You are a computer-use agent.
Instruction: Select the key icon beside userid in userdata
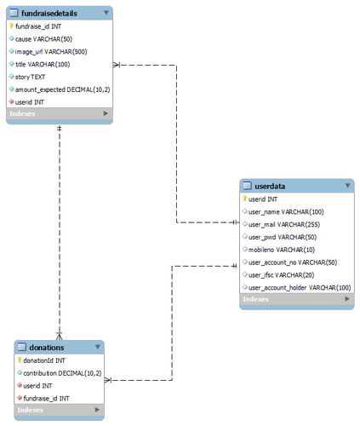(244, 199)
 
